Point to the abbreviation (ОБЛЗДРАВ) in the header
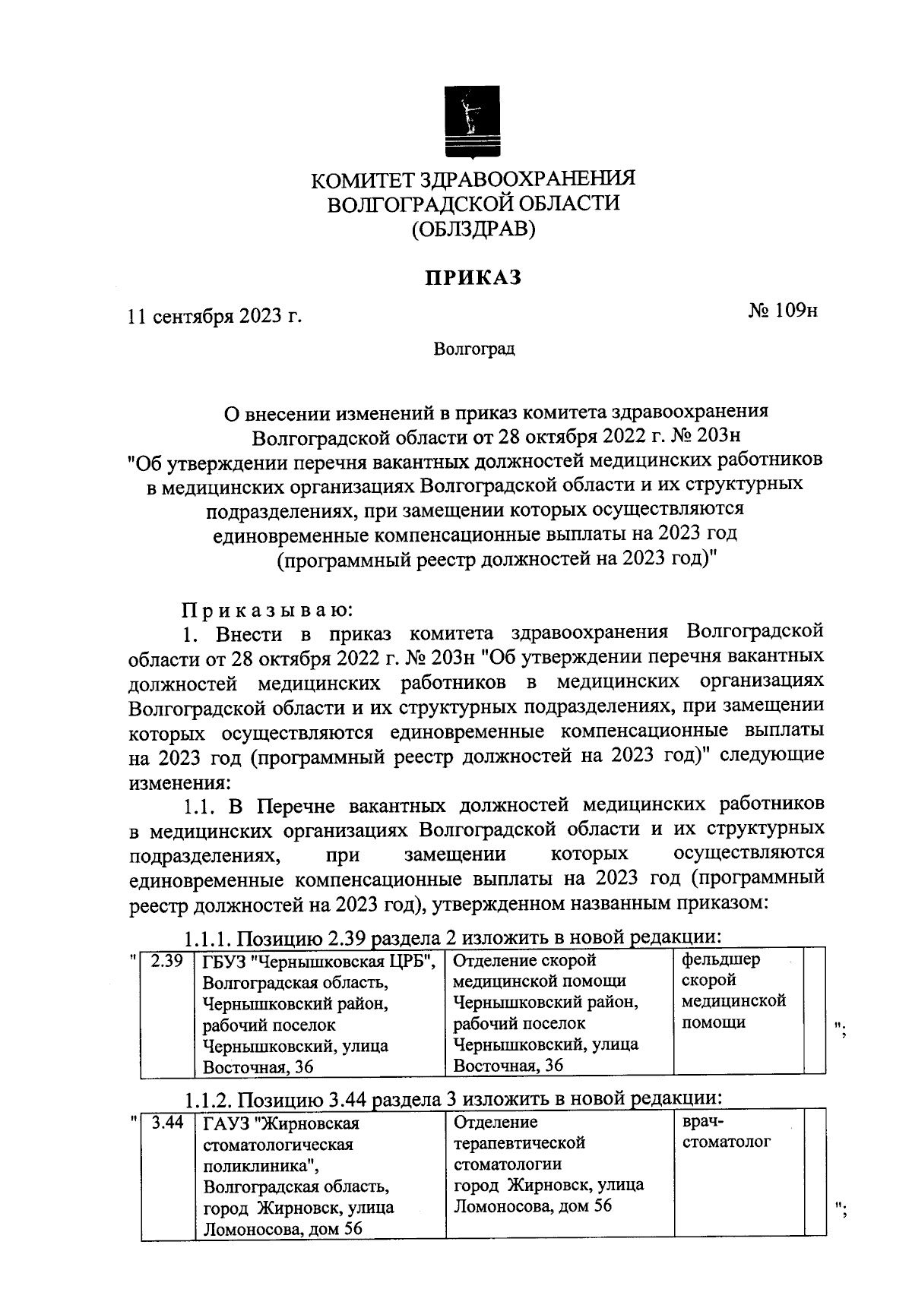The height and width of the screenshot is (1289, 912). tap(473, 229)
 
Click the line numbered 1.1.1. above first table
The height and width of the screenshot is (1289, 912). tap(451, 937)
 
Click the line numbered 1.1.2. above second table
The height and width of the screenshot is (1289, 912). tap(451, 1098)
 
